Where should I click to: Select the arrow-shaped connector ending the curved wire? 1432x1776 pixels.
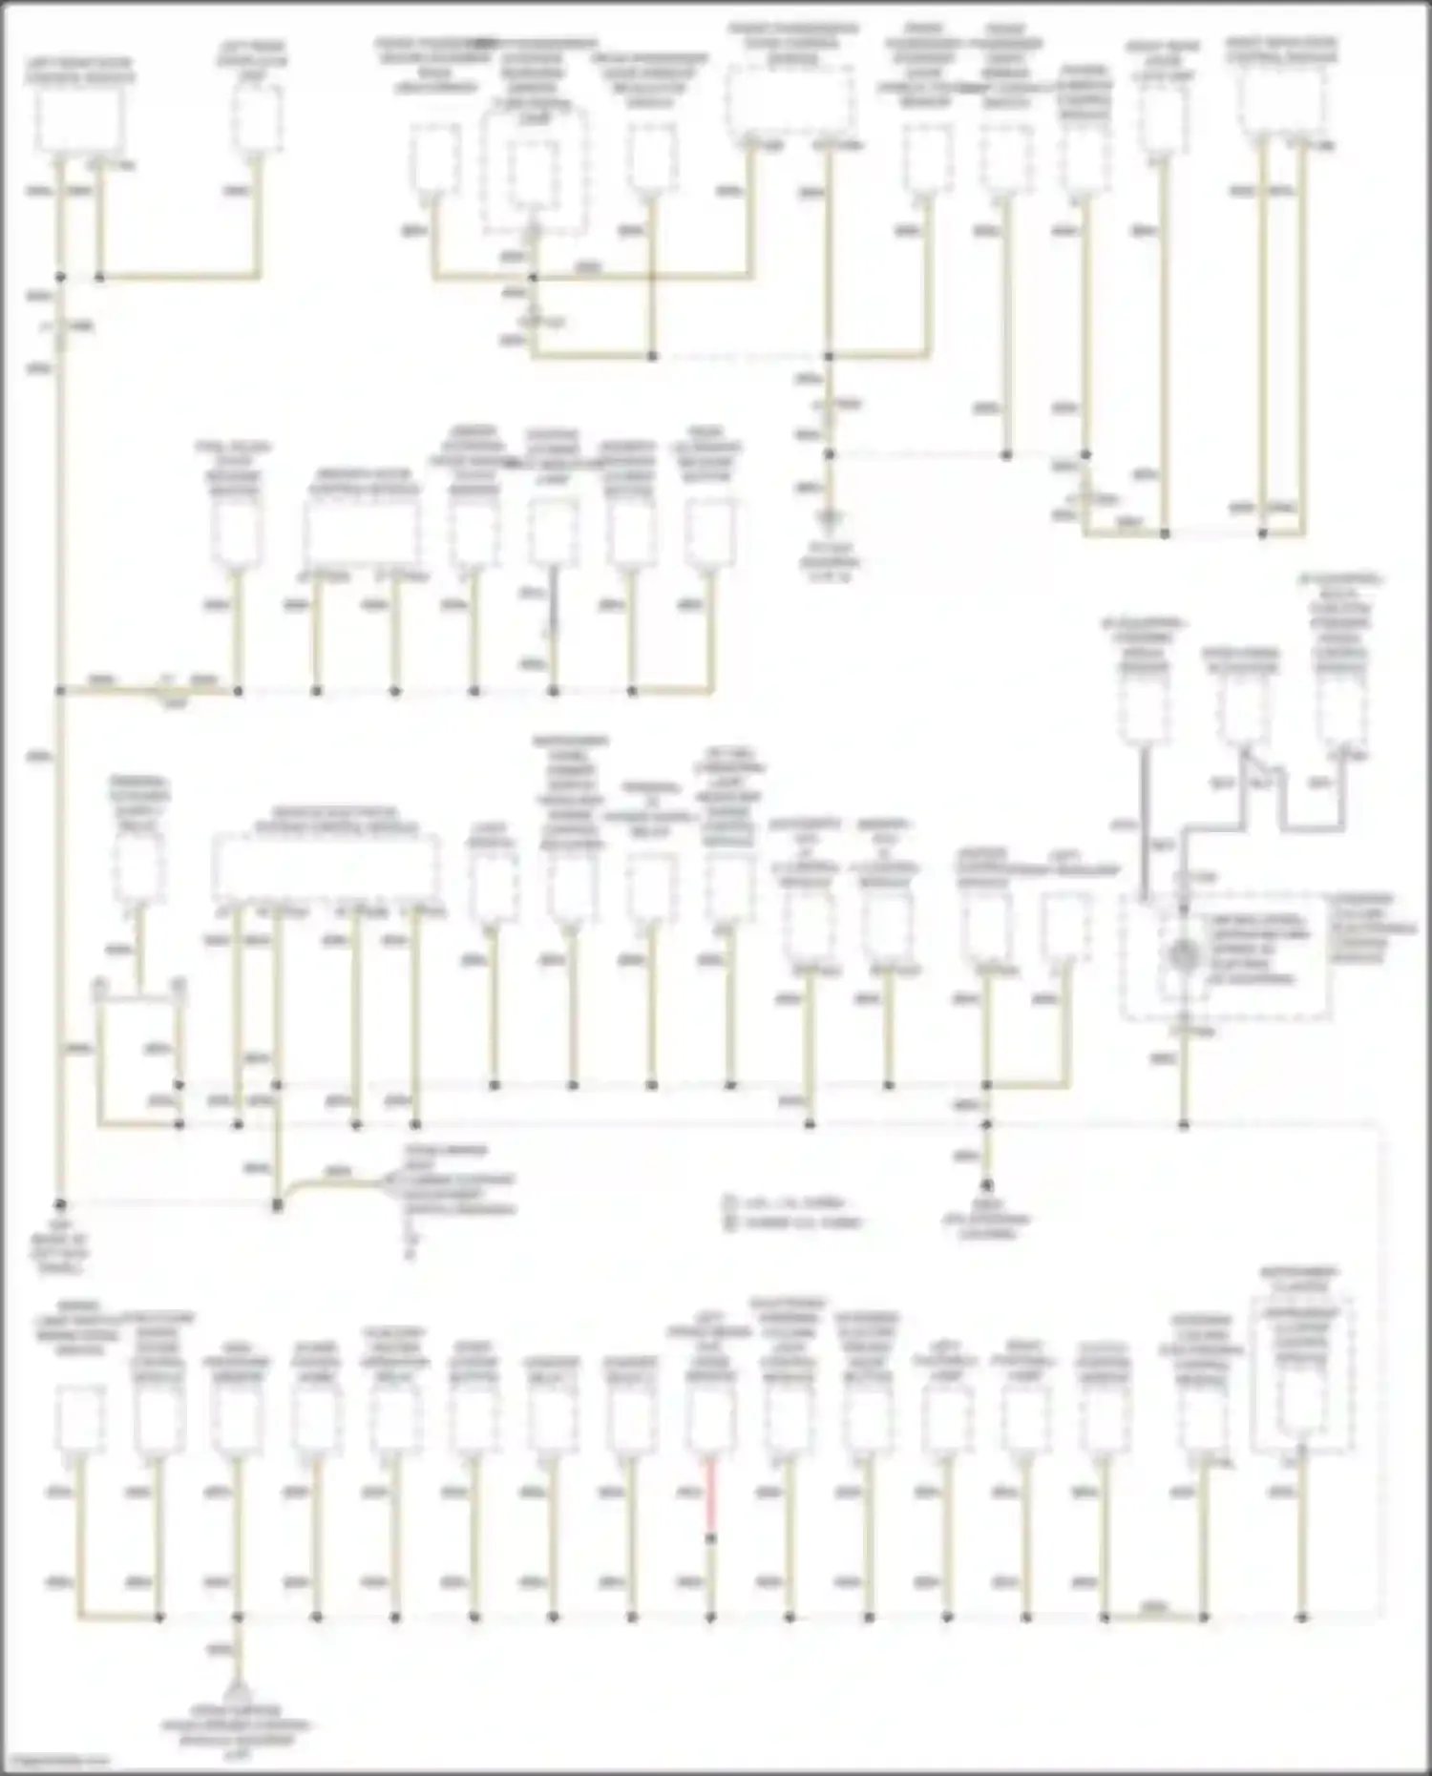pyautogui.click(x=391, y=1184)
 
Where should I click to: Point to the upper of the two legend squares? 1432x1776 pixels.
pyautogui.click(x=729, y=1202)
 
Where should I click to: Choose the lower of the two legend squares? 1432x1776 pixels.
pyautogui.click(x=729, y=1222)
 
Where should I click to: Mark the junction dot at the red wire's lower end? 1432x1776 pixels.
pyautogui.click(x=710, y=1538)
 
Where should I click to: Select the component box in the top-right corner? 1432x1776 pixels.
pyautogui.click(x=1281, y=101)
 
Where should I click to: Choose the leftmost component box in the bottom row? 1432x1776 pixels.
pyautogui.click(x=80, y=1419)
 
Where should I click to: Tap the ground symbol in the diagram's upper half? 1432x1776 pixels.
pyautogui.click(x=829, y=520)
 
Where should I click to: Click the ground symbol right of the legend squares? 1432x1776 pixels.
pyautogui.click(x=987, y=1186)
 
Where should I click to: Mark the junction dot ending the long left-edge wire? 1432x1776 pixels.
pyautogui.click(x=60, y=1204)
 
